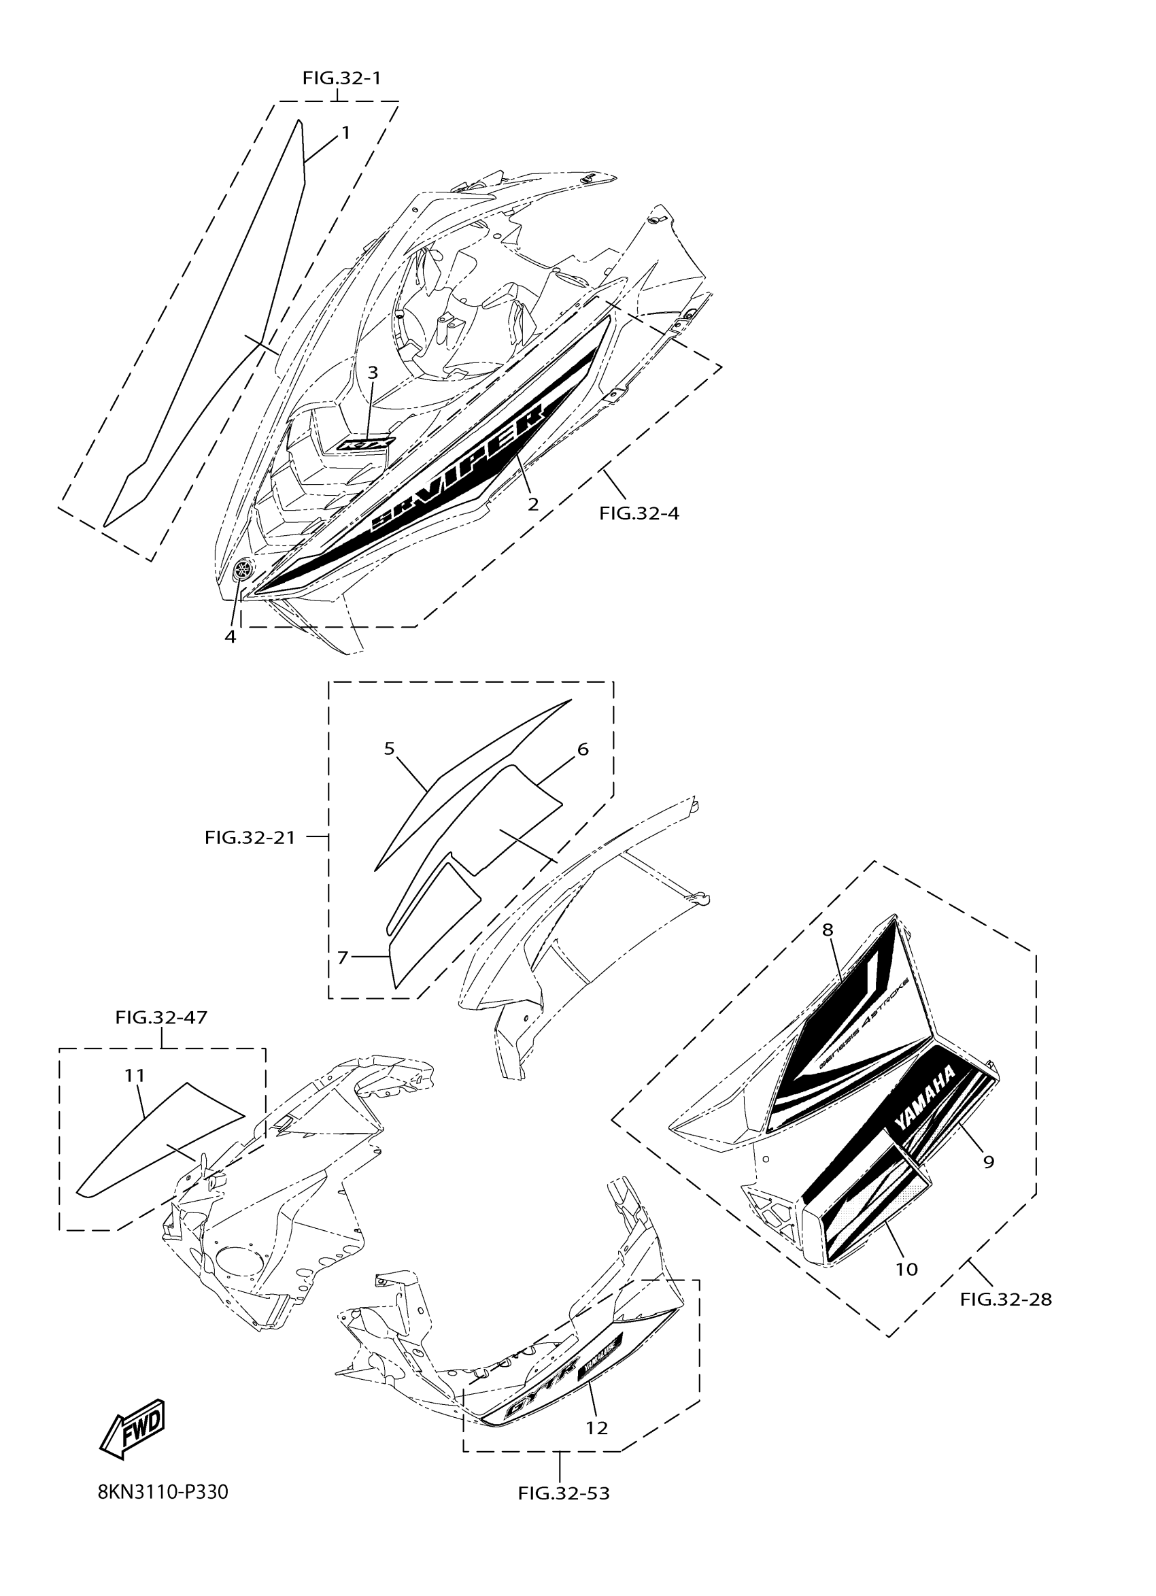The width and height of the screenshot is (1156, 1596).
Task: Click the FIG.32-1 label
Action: point(342,78)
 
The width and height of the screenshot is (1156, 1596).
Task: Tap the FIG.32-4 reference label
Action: point(639,513)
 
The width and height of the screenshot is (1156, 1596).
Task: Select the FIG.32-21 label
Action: point(250,837)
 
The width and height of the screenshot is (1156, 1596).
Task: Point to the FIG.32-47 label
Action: point(162,1017)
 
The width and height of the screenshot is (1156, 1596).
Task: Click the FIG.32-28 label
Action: point(1006,1299)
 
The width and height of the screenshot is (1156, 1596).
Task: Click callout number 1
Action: point(345,132)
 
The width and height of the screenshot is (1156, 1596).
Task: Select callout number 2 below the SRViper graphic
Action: point(533,504)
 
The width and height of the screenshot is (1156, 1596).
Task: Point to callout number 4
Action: point(230,636)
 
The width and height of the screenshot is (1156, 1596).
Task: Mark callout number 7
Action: point(343,957)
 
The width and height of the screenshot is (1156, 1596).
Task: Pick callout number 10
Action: point(907,1269)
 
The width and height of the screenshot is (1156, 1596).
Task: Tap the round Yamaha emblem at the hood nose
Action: point(244,569)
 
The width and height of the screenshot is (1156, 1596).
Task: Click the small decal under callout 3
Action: point(367,444)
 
